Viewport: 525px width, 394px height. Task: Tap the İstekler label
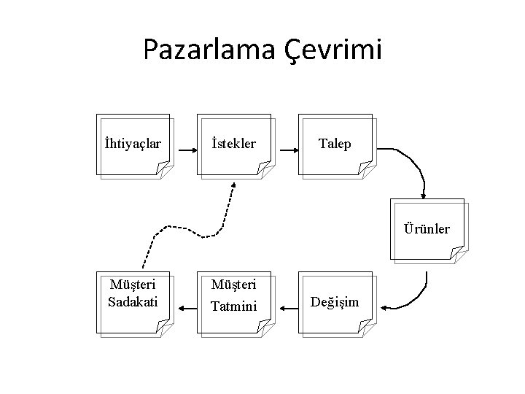pos(233,144)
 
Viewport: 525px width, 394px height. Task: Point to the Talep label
pos(335,144)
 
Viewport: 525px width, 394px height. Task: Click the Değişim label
pos(335,301)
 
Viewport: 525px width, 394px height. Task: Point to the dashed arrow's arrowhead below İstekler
pos(233,187)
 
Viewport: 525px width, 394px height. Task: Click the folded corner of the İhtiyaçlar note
pos(165,171)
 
